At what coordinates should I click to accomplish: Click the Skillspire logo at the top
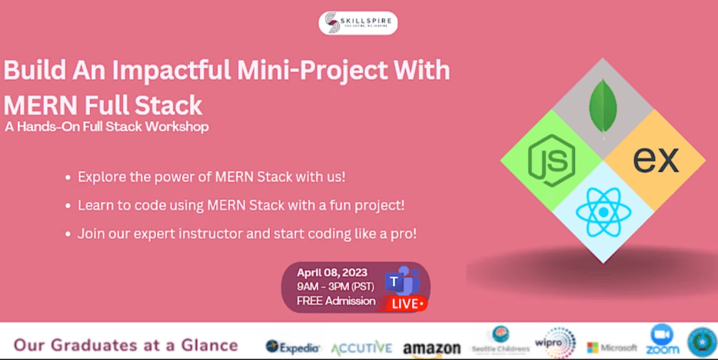[358, 22]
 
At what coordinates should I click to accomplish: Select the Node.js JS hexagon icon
[551, 160]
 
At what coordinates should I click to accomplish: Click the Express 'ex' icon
[656, 160]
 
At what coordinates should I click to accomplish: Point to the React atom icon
[603, 212]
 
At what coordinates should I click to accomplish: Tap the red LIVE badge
[408, 303]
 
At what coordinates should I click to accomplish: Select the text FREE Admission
[337, 301]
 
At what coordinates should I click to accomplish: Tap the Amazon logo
[431, 348]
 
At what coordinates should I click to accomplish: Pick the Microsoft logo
[612, 348]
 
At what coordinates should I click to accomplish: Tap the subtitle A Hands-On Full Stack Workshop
[106, 126]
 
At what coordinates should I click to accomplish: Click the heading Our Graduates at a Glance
[126, 345]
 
